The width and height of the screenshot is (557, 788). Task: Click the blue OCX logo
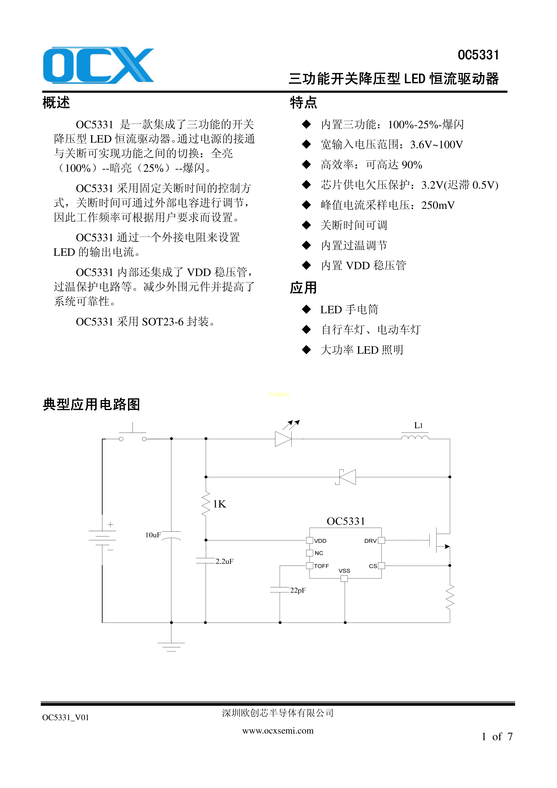99,65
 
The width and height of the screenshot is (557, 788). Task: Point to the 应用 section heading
303,288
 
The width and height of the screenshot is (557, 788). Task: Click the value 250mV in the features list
438,205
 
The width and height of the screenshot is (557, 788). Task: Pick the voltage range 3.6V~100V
436,144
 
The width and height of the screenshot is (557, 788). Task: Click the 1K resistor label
220,504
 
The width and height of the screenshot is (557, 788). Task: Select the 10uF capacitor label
153,535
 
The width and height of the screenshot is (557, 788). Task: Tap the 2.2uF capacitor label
225,561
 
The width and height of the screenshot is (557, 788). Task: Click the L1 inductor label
418,426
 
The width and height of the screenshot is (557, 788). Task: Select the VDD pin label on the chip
320,541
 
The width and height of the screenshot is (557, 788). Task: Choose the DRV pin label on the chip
371,541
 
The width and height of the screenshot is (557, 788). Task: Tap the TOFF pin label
321,566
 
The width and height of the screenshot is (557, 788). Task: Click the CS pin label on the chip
373,566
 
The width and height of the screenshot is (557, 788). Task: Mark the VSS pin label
344,571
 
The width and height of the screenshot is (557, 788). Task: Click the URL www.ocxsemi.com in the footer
278,731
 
